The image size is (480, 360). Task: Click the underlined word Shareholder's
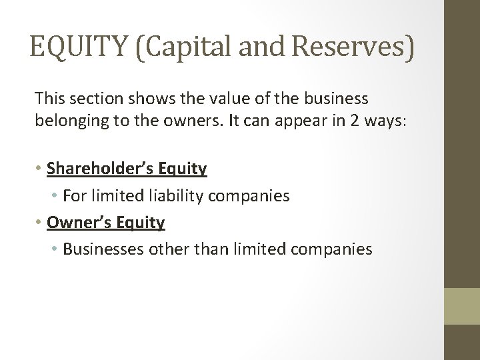(x=100, y=169)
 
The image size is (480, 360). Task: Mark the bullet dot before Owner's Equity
(x=39, y=223)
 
